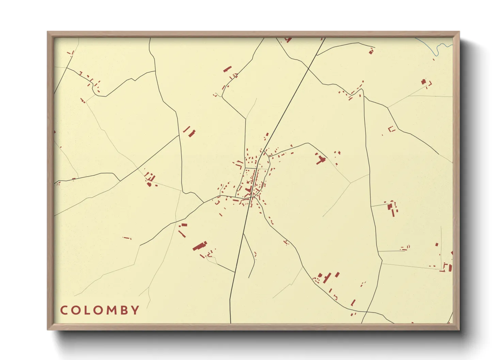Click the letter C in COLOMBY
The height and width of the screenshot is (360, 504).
click(64, 310)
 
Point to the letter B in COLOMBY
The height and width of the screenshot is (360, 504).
click(124, 310)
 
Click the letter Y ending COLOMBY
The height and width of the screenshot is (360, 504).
click(136, 310)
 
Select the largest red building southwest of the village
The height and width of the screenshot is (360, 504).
click(200, 246)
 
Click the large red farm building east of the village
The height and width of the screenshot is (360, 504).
click(320, 159)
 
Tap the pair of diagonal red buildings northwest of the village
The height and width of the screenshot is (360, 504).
click(190, 132)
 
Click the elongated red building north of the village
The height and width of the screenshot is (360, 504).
click(227, 69)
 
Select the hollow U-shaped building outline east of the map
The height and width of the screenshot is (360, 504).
click(392, 129)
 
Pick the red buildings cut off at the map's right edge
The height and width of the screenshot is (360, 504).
click(449, 267)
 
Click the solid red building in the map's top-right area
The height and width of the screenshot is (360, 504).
click(423, 82)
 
